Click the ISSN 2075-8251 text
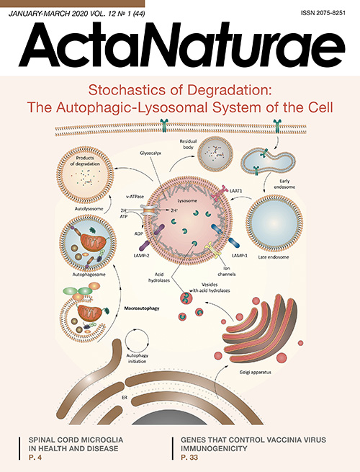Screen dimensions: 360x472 tap(323, 13)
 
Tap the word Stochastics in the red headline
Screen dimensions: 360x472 tap(125, 90)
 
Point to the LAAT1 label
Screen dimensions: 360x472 tap(236, 190)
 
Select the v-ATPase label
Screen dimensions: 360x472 tap(135, 197)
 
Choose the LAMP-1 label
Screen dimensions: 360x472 tap(240, 256)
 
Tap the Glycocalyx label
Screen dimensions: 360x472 tap(150, 153)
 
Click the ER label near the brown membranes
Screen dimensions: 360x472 tap(125, 398)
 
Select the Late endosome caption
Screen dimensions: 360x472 tap(274, 257)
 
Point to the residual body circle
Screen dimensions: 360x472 tap(215, 153)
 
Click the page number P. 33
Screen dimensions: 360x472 tap(189, 458)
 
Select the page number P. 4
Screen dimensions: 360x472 tap(35, 458)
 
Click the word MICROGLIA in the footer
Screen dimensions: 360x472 tap(102, 440)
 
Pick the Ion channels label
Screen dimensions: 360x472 tap(227, 271)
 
